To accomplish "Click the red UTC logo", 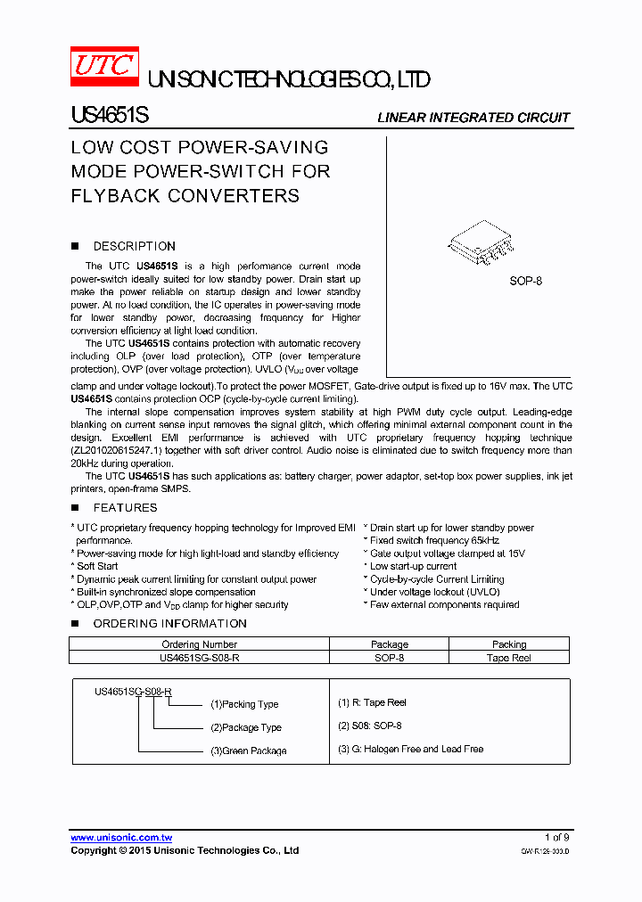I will [x=104, y=67].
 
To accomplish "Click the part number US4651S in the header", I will [x=110, y=116].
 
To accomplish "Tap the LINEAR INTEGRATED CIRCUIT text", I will [x=473, y=118].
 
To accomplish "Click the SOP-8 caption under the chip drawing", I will [x=525, y=281].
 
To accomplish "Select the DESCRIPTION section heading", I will [x=134, y=246].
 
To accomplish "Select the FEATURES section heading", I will [x=125, y=507].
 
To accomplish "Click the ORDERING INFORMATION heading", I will [x=169, y=623].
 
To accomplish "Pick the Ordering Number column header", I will [x=199, y=644].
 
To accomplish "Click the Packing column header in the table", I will [x=509, y=644].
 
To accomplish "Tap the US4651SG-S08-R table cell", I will [x=199, y=658].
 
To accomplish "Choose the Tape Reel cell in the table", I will [x=509, y=658].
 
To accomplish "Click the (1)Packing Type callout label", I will [x=244, y=704].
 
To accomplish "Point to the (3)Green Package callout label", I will [x=248, y=750].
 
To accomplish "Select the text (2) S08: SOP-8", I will [x=370, y=726].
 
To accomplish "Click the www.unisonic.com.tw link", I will [x=121, y=837].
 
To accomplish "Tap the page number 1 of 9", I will [x=556, y=837].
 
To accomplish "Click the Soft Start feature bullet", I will [x=96, y=566].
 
